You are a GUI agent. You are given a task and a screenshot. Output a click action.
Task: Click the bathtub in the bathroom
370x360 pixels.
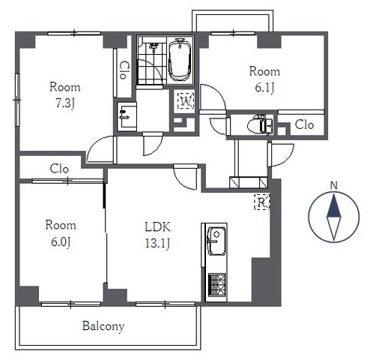(180, 60)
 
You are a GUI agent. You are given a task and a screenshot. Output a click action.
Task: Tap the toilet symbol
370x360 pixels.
(260, 124)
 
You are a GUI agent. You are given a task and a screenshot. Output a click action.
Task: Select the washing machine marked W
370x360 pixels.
(186, 101)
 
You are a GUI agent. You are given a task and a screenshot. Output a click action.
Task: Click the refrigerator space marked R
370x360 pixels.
(262, 202)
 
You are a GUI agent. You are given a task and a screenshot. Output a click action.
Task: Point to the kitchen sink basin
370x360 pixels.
(216, 241)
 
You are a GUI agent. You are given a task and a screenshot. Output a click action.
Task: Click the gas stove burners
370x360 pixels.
(216, 285)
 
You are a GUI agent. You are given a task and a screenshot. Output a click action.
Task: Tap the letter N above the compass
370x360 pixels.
(334, 185)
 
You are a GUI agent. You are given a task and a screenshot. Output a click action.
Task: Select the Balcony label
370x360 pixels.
(103, 326)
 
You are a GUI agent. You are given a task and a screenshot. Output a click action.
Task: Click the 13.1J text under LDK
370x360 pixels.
(157, 243)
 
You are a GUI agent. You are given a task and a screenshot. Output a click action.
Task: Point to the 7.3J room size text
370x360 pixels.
(64, 103)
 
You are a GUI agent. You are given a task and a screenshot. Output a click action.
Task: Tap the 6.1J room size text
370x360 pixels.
(264, 88)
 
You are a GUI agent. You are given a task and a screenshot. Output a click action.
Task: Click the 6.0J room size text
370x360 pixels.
(61, 242)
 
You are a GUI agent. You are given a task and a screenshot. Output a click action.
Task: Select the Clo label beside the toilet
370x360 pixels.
(304, 124)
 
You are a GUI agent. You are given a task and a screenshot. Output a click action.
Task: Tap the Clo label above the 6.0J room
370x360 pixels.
(59, 169)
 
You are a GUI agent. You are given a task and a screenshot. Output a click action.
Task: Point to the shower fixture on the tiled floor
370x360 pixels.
(154, 47)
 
